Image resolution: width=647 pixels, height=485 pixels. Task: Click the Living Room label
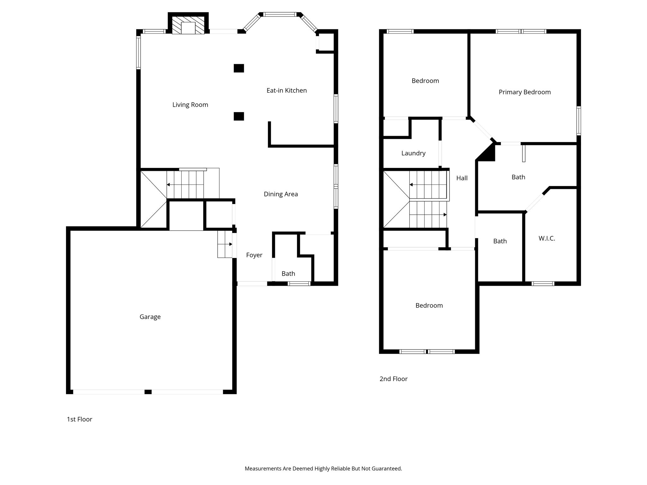[x=190, y=105]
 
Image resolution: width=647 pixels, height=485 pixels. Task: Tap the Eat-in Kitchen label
[x=287, y=91]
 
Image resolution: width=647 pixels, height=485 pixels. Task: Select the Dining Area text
[x=281, y=194]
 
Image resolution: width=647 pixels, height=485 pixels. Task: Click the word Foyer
[x=254, y=255]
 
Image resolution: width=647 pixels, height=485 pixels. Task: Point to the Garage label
[x=150, y=317]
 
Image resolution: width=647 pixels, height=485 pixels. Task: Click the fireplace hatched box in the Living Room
[x=188, y=25]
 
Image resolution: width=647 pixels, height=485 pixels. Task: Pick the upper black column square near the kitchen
[x=239, y=68]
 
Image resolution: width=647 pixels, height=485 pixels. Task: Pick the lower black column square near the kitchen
[x=239, y=116]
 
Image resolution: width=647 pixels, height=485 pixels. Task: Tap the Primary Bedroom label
[x=524, y=92]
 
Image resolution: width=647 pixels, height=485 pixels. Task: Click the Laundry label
[x=413, y=153]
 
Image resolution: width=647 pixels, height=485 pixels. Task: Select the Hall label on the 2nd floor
[x=462, y=178]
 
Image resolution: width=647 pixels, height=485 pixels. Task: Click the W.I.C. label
[x=547, y=238]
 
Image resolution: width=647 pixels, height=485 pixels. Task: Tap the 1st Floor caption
[x=79, y=419]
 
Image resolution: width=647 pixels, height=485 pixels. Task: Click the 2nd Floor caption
[x=393, y=379]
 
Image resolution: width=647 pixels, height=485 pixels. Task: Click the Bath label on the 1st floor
[x=288, y=274]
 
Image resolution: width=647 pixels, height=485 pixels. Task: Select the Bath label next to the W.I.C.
[x=500, y=241]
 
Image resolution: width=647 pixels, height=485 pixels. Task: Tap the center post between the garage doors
[x=148, y=392]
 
